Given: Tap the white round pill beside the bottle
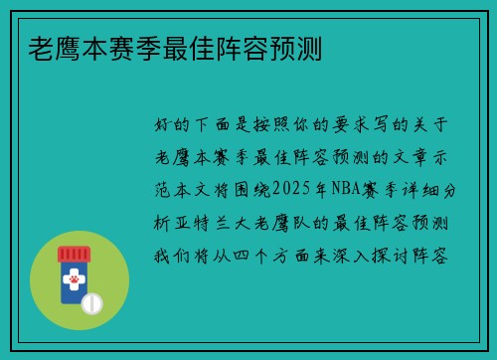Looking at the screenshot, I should pos(92,301).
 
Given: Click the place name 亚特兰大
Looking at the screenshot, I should pos(219,222).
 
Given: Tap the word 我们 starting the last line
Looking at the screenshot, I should pos(166,254).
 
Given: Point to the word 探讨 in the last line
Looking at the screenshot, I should pos(403,254).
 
